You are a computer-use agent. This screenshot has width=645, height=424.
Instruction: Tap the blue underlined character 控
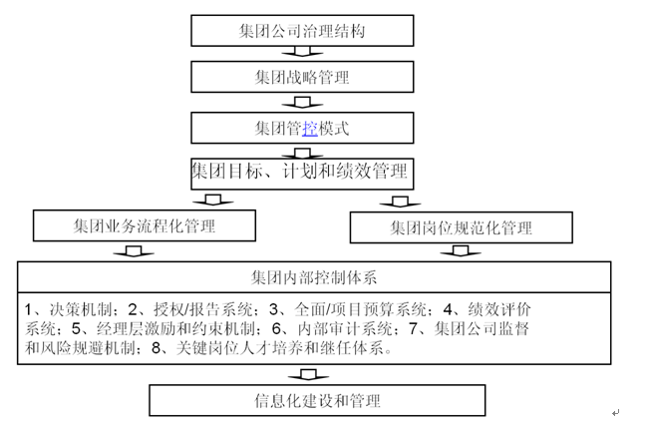[310, 128]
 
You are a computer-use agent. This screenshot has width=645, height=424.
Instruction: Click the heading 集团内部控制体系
[314, 277]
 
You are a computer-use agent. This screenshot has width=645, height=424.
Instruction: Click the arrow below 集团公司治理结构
[302, 52]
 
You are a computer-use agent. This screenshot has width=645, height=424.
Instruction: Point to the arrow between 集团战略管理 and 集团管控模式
[302, 103]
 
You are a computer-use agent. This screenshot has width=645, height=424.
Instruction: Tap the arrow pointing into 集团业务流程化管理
[212, 201]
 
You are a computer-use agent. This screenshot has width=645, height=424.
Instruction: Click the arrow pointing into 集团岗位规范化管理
[400, 202]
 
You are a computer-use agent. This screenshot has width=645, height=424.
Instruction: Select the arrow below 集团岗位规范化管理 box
[461, 251]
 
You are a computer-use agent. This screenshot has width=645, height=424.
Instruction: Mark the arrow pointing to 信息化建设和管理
[308, 375]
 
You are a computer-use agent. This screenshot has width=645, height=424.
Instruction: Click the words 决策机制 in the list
[81, 309]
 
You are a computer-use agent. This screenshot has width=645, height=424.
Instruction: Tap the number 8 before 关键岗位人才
[156, 348]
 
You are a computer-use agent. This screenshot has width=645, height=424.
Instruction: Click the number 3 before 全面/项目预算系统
[273, 309]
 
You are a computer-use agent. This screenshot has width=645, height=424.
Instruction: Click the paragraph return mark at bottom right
[615, 412]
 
